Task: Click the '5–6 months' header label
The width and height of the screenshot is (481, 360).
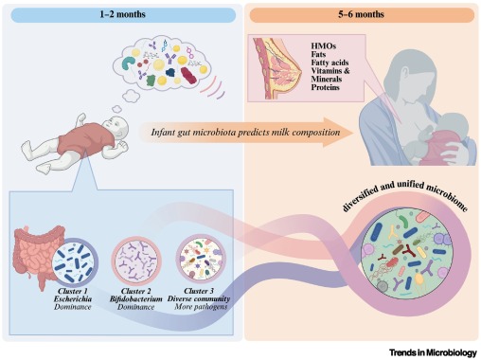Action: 358,14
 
